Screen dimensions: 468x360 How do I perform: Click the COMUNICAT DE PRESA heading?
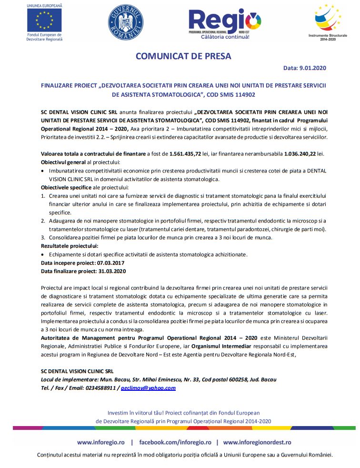coord(183,56)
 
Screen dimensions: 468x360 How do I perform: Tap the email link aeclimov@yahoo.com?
coord(148,387)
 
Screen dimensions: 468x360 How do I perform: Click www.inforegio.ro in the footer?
coord(99,442)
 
